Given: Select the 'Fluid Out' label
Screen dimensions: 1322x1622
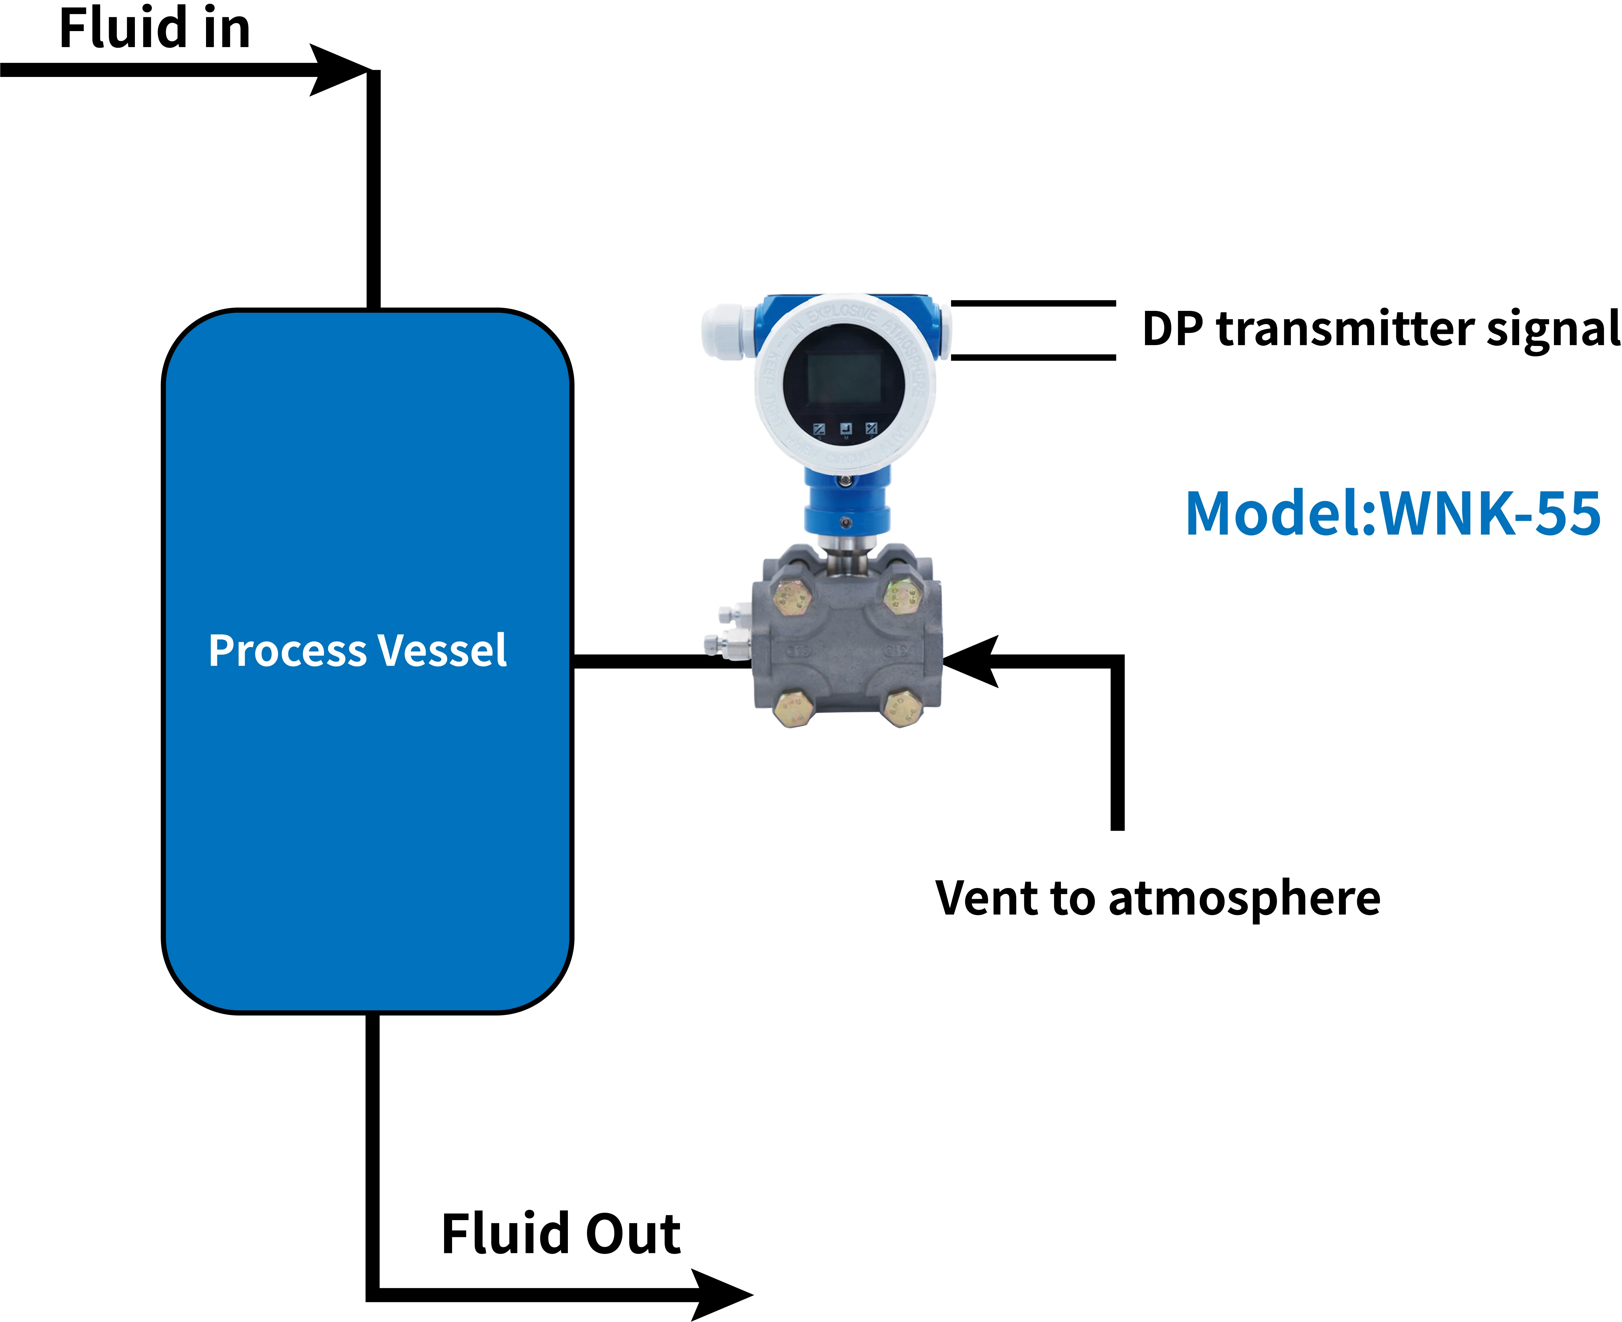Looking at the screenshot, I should pos(561,1234).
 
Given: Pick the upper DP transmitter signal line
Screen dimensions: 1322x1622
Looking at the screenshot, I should pos(1033,303).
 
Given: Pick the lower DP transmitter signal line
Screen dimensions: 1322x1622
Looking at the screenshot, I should pos(1033,356).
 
